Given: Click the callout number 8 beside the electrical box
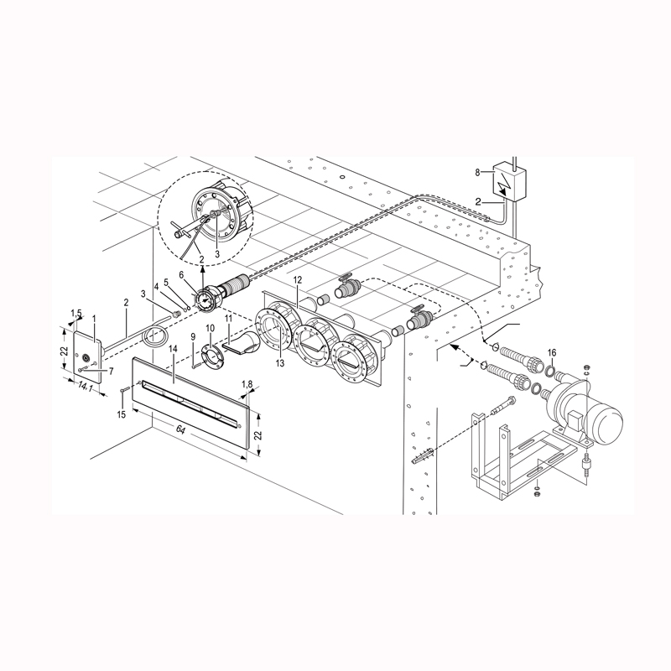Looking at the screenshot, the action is point(477,173).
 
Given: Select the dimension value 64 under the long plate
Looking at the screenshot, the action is point(181,430).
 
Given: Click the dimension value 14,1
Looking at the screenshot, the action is point(86,388).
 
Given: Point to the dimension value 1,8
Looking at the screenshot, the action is point(247,384).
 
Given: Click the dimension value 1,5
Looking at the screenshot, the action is point(75,312).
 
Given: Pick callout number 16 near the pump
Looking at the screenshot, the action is point(552,352).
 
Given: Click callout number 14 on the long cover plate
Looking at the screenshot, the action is point(173,349).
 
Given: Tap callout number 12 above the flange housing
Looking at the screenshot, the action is point(298,280).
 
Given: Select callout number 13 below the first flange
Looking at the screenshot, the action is point(280,364).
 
